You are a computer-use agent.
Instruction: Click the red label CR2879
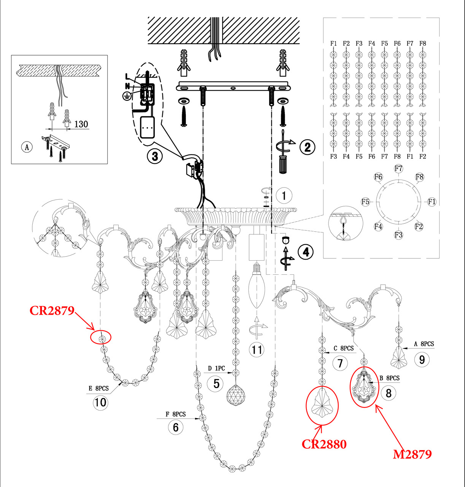point(52,310)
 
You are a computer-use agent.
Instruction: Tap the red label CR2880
point(324,444)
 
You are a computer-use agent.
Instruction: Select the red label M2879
point(412,454)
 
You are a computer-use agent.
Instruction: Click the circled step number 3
point(155,156)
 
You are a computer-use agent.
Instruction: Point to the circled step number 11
point(257,349)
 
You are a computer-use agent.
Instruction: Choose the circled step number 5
point(216,383)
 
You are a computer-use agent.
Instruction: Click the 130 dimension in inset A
point(81,124)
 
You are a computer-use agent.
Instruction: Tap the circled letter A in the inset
point(27,146)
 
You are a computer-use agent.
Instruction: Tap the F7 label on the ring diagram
point(398,168)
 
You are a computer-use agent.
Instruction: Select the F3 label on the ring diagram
point(398,235)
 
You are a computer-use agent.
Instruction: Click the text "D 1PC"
point(216,369)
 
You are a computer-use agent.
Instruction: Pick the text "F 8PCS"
point(176,414)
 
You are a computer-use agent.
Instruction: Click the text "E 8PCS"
point(98,388)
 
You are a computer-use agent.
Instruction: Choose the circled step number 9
point(422,360)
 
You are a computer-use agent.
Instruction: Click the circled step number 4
point(306,252)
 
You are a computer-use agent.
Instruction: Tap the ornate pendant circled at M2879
point(364,387)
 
